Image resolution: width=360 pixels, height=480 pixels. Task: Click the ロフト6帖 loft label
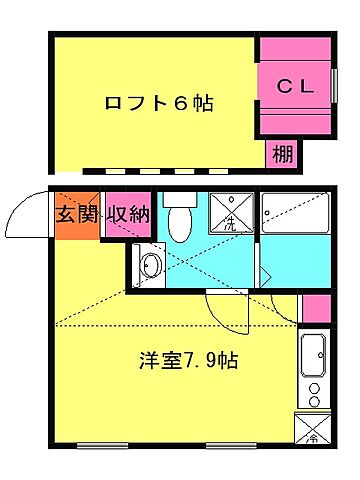160,102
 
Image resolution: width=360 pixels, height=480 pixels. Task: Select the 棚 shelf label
282,155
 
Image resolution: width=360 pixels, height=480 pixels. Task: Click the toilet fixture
181,222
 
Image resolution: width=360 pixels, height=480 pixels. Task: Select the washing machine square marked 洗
229,213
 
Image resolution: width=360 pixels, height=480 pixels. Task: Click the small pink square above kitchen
315,307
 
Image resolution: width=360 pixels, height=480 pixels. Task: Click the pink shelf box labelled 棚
282,155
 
